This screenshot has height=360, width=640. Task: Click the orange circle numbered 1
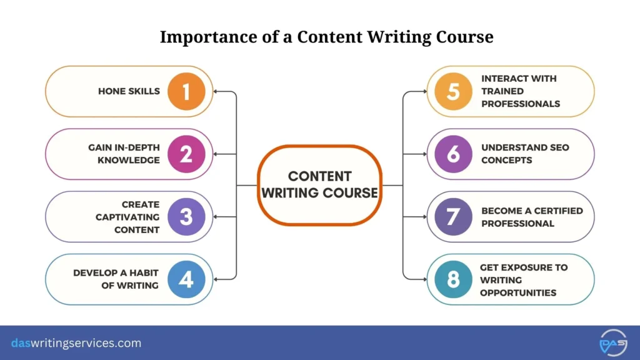pyautogui.click(x=186, y=91)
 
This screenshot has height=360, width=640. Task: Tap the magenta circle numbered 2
pyautogui.click(x=186, y=154)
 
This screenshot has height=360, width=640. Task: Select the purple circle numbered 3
pyautogui.click(x=186, y=216)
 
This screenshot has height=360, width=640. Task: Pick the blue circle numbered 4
pyautogui.click(x=186, y=279)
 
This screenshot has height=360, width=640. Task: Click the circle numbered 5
pyautogui.click(x=454, y=91)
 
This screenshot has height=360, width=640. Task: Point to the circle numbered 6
pyautogui.click(x=454, y=154)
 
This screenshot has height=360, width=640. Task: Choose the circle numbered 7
pyautogui.click(x=454, y=216)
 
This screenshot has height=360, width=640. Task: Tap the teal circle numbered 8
pyautogui.click(x=454, y=279)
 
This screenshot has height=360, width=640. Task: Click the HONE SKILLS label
pyautogui.click(x=129, y=91)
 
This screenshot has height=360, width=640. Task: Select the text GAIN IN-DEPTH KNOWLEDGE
pyautogui.click(x=124, y=154)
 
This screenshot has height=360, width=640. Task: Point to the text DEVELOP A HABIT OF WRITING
pyautogui.click(x=116, y=279)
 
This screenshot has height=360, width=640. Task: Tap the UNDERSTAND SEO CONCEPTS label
pyautogui.click(x=525, y=154)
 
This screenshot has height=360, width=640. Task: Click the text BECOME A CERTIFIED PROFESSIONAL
pyautogui.click(x=531, y=217)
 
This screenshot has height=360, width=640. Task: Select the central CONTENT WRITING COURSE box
pyautogui.click(x=319, y=185)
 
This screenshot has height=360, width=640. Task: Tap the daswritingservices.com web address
pyautogui.click(x=76, y=343)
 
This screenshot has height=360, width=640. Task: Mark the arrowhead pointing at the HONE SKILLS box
pyautogui.click(x=216, y=92)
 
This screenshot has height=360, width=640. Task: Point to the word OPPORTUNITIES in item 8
pyautogui.click(x=518, y=292)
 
